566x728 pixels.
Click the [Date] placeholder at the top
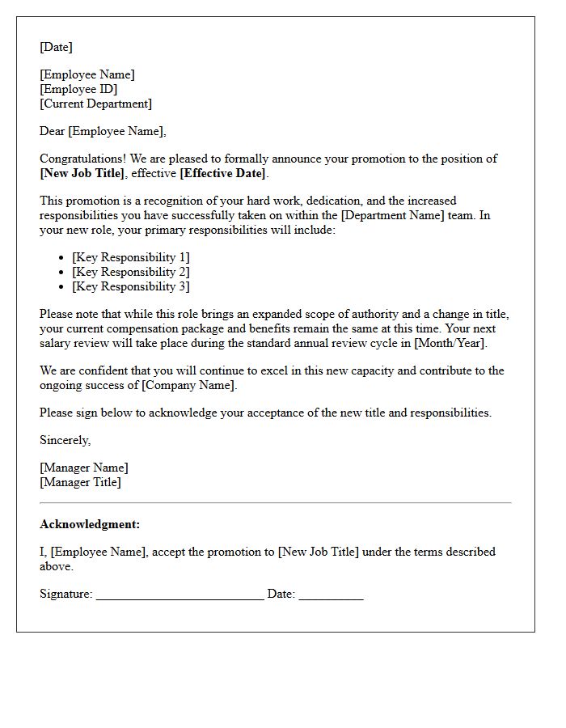click(56, 47)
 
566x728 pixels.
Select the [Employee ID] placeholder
click(78, 89)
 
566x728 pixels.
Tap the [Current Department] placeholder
click(95, 104)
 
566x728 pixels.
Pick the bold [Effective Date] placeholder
click(222, 173)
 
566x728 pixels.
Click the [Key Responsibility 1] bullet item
click(131, 257)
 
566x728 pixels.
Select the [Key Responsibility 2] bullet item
click(131, 272)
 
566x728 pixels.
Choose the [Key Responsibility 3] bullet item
click(131, 286)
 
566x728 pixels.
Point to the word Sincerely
click(65, 440)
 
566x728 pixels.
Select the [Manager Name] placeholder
click(84, 468)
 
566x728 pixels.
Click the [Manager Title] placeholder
click(80, 482)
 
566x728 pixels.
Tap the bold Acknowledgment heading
click(90, 524)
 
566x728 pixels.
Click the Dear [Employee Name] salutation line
click(103, 131)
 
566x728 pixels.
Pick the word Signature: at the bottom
click(66, 594)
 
